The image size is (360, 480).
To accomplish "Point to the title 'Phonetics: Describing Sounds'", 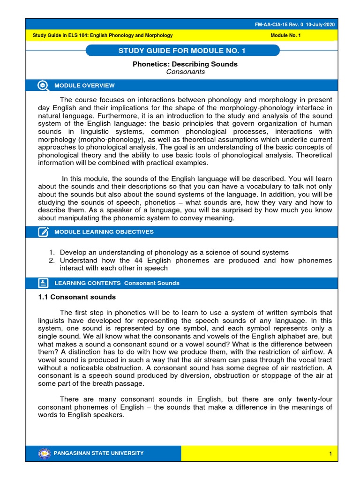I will tap(185, 64).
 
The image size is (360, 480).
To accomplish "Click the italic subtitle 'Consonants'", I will tap(185, 72).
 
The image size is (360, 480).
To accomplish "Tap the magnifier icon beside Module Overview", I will tap(43, 85).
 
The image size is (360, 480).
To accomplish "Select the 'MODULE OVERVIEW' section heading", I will tap(84, 85).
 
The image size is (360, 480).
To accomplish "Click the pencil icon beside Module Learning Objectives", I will tap(43, 232).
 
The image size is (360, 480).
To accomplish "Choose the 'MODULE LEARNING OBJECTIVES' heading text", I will tap(104, 232).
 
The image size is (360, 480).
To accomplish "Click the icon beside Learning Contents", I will tap(43, 283).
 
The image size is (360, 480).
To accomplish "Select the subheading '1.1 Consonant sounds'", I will tap(76, 297).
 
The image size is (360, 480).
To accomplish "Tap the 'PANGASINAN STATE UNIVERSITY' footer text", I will tap(99, 453).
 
